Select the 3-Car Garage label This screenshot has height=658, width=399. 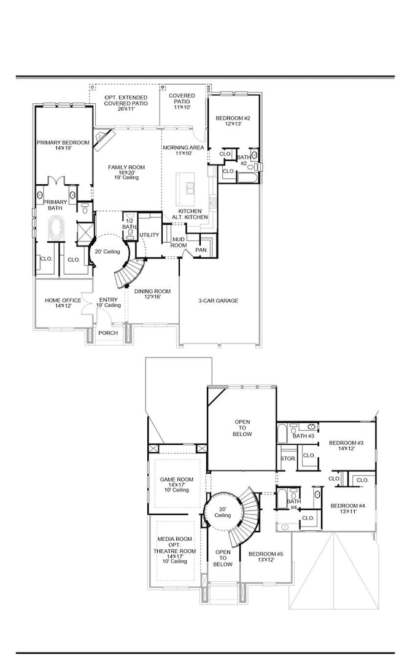coord(218,300)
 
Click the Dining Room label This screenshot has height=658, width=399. coord(152,294)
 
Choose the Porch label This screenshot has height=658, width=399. coord(109,333)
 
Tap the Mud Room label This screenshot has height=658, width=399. coord(179,241)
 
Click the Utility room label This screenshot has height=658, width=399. coord(149,235)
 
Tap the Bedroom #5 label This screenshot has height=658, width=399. coord(265,557)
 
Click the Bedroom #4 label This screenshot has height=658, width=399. coord(348,509)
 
